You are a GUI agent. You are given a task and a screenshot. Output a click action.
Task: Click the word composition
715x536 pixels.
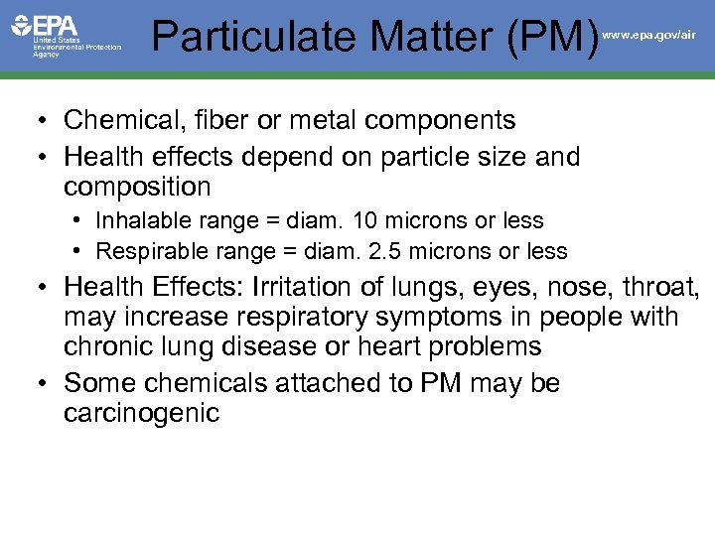point(137,188)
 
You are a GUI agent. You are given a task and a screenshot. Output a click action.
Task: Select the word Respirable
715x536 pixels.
point(145,252)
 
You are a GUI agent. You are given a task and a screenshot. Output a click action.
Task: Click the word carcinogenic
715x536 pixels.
point(141,413)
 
